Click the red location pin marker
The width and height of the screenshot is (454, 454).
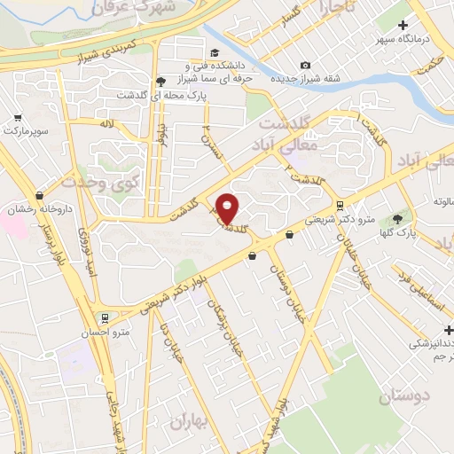227,208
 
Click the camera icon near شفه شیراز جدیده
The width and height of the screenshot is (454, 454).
305,65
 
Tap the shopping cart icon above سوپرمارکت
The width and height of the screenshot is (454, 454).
18,116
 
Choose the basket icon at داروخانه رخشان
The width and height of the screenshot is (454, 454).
39,195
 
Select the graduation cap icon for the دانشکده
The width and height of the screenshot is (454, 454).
215,51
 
